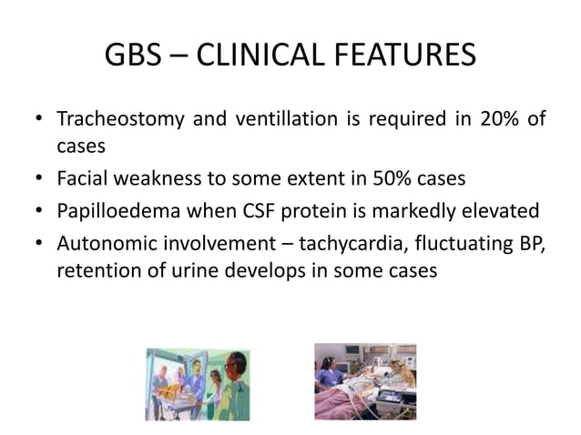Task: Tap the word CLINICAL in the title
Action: [x=254, y=56]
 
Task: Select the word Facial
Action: [x=82, y=179]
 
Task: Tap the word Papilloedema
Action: [x=114, y=213]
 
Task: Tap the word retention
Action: [x=94, y=271]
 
